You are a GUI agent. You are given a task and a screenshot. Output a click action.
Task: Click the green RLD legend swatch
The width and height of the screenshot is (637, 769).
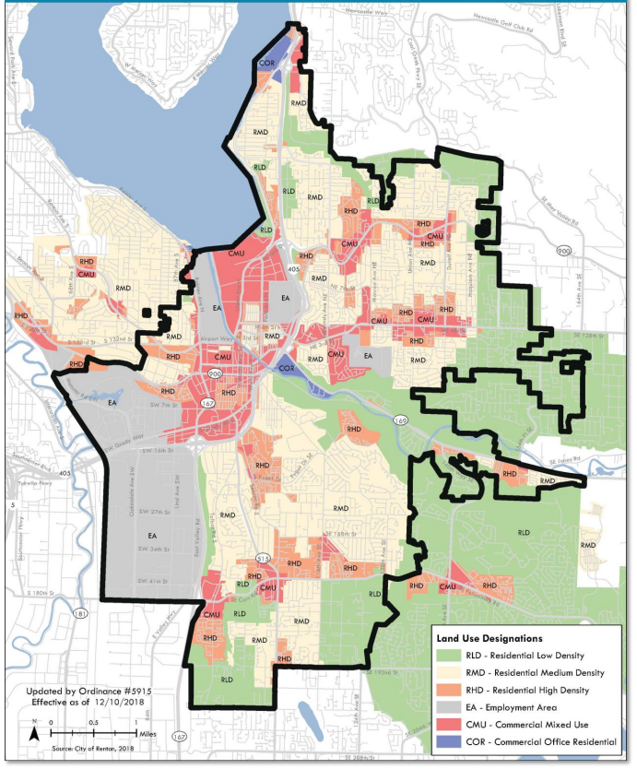click(447, 655)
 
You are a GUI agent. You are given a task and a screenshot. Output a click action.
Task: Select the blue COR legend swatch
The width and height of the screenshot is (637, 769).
click(447, 741)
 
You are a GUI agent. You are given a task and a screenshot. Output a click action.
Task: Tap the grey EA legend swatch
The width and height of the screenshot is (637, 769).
click(447, 706)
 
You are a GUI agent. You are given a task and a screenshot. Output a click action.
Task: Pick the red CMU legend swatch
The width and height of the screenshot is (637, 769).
click(447, 724)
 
